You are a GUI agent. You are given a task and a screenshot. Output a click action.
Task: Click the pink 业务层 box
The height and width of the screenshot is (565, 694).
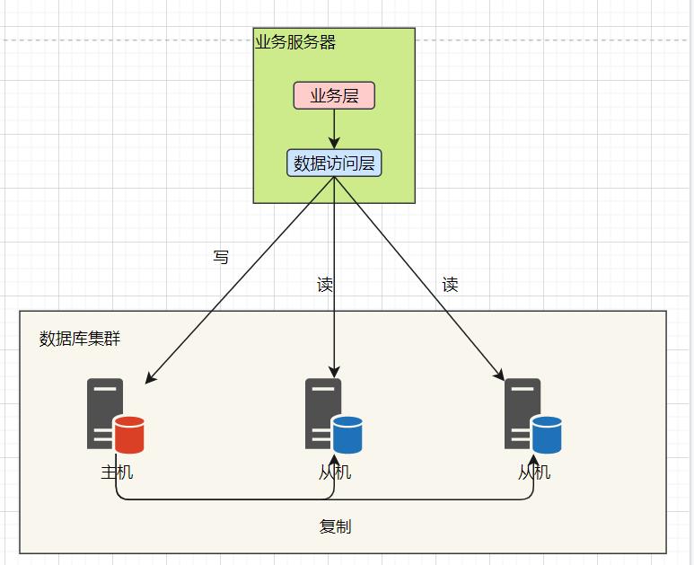click(334, 96)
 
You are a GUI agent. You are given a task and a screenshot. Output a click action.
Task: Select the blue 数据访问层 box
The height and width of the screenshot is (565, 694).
click(334, 163)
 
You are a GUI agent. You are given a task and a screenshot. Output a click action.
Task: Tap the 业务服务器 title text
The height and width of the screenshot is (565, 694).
click(295, 42)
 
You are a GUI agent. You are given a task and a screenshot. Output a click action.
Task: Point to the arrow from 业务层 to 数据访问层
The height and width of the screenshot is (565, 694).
click(334, 129)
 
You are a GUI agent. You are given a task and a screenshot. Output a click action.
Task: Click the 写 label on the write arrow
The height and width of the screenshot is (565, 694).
click(221, 258)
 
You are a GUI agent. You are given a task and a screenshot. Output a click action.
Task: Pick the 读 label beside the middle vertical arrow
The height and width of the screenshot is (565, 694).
click(325, 286)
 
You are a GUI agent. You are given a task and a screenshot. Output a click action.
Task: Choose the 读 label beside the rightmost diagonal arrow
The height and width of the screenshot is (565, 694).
click(450, 285)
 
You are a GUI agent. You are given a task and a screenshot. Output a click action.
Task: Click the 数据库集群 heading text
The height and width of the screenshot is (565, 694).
click(80, 339)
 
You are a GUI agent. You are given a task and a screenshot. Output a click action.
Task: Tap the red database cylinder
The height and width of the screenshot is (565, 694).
click(129, 435)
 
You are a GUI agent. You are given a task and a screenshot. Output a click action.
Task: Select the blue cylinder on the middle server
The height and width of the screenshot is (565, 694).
click(347, 435)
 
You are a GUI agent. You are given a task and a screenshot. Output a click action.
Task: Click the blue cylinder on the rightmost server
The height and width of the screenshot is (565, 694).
click(547, 435)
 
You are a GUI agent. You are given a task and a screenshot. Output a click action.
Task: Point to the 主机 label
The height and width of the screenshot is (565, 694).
click(117, 472)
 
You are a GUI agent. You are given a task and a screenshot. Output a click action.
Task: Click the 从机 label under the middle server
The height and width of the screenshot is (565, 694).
click(335, 472)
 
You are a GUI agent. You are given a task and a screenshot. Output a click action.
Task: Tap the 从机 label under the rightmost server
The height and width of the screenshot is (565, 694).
click(534, 472)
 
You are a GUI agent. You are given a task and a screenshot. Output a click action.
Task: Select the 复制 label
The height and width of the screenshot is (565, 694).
click(335, 526)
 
